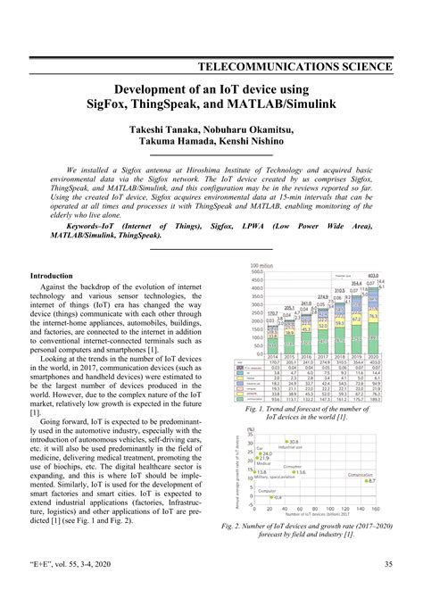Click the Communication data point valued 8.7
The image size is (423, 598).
(x=368, y=480)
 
